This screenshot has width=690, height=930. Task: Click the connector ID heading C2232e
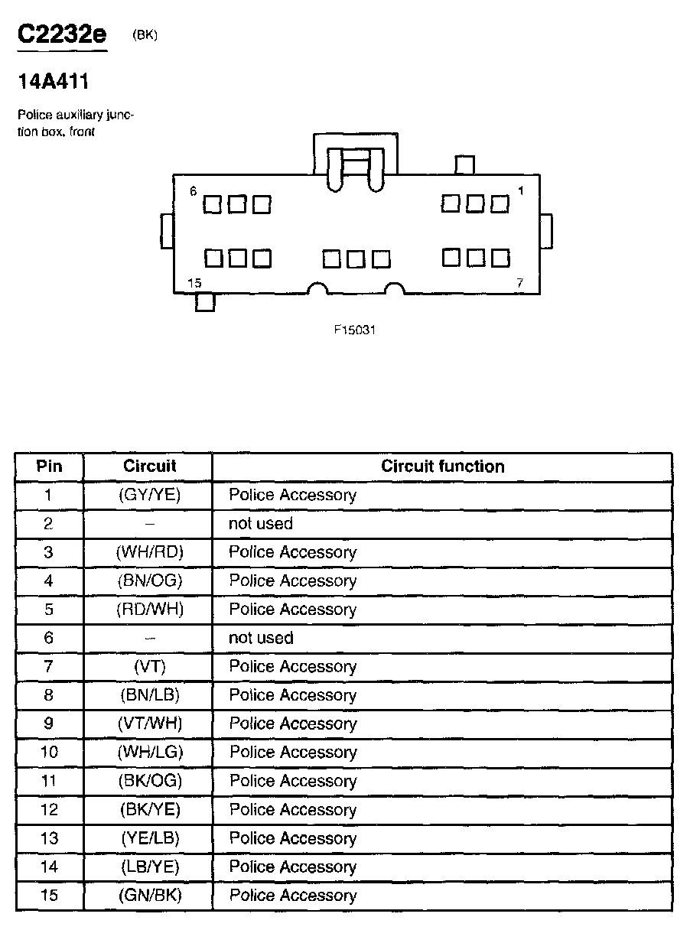(x=62, y=34)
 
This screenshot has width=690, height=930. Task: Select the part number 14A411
(x=53, y=82)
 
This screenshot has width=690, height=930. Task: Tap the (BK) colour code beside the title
(x=145, y=35)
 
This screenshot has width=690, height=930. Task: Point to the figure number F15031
(x=355, y=330)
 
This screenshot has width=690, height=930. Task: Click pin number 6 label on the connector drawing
(x=194, y=191)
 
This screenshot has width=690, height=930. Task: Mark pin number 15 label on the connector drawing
(x=194, y=283)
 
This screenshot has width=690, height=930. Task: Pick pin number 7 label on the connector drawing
(x=520, y=283)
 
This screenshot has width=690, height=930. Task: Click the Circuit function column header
(x=442, y=467)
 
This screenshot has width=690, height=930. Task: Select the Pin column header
(x=49, y=467)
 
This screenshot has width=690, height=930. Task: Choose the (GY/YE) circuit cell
(x=149, y=495)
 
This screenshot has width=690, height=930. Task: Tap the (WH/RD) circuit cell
(x=149, y=552)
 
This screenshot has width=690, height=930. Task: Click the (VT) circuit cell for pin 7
(x=149, y=667)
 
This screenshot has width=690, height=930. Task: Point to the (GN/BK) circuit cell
(x=149, y=896)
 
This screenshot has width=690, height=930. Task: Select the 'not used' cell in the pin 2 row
(x=260, y=524)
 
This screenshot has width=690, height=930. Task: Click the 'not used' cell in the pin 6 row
(x=260, y=638)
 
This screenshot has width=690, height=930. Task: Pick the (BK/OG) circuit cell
(x=150, y=781)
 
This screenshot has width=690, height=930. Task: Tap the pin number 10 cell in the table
(x=49, y=753)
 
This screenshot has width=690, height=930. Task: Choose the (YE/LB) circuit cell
(x=149, y=838)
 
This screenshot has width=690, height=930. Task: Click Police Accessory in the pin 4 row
(x=292, y=581)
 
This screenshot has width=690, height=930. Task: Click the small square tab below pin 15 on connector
(x=205, y=303)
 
